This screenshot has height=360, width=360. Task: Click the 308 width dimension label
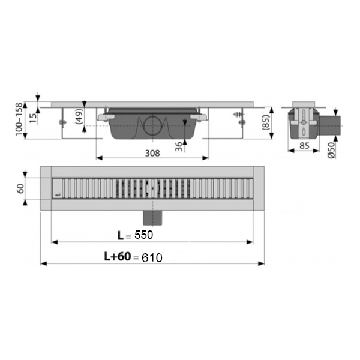click(152, 153)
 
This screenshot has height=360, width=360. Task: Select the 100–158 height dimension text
click(19, 119)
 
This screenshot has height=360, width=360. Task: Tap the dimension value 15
click(34, 118)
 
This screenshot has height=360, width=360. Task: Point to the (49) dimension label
click(79, 116)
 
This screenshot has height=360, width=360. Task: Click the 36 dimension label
click(178, 147)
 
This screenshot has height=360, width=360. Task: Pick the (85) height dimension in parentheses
click(265, 122)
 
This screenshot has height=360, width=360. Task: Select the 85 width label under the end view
click(304, 146)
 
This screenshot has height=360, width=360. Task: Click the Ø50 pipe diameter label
click(331, 150)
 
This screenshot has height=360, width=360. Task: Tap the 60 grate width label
click(20, 188)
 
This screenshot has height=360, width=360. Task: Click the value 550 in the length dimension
click(144, 235)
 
